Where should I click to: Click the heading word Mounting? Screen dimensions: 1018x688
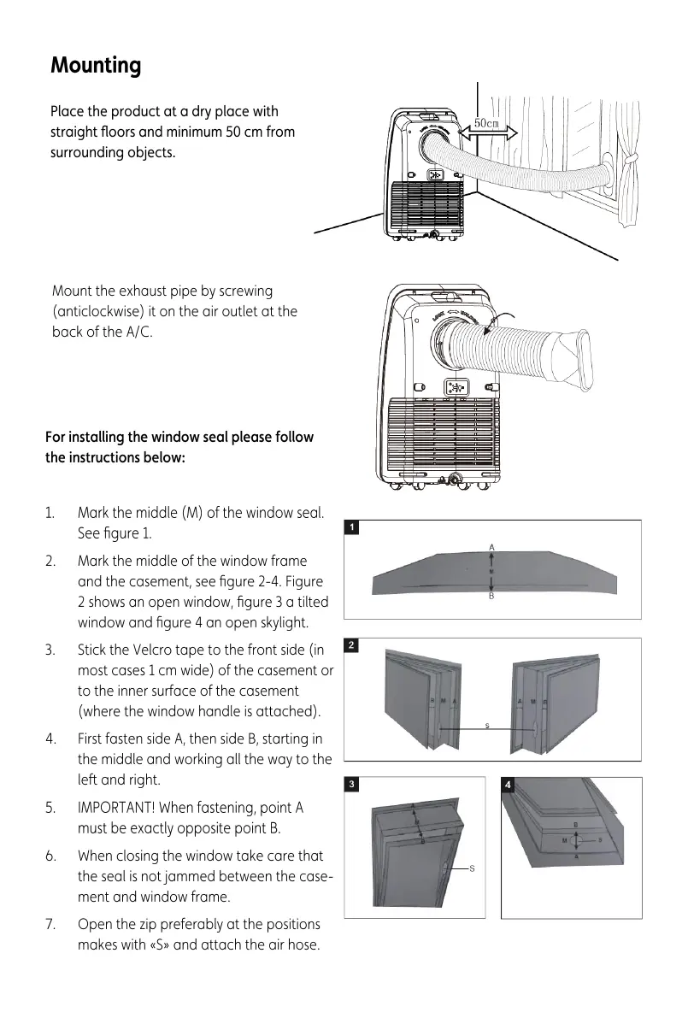[x=96, y=66]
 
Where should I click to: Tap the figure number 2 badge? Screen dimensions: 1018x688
[x=351, y=646]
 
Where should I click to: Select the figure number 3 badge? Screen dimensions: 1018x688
[x=351, y=784]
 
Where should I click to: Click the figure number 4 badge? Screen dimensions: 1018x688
[x=509, y=784]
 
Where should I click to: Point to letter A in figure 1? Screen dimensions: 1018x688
[x=491, y=545]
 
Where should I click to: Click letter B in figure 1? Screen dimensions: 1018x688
[x=491, y=597]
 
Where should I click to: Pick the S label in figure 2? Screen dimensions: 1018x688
[x=486, y=726]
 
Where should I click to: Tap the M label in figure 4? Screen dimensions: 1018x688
[x=565, y=840]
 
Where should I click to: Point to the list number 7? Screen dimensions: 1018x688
[x=50, y=924]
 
